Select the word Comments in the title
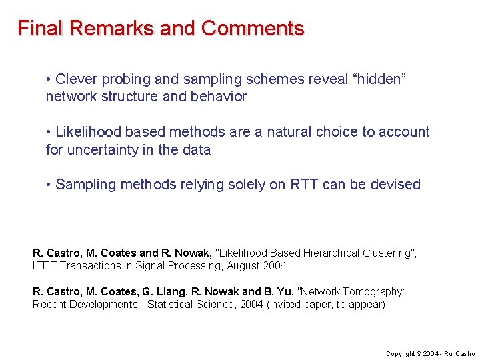pyautogui.click(x=253, y=29)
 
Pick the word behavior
pyautogui.click(x=219, y=97)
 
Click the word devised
pyautogui.click(x=397, y=185)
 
